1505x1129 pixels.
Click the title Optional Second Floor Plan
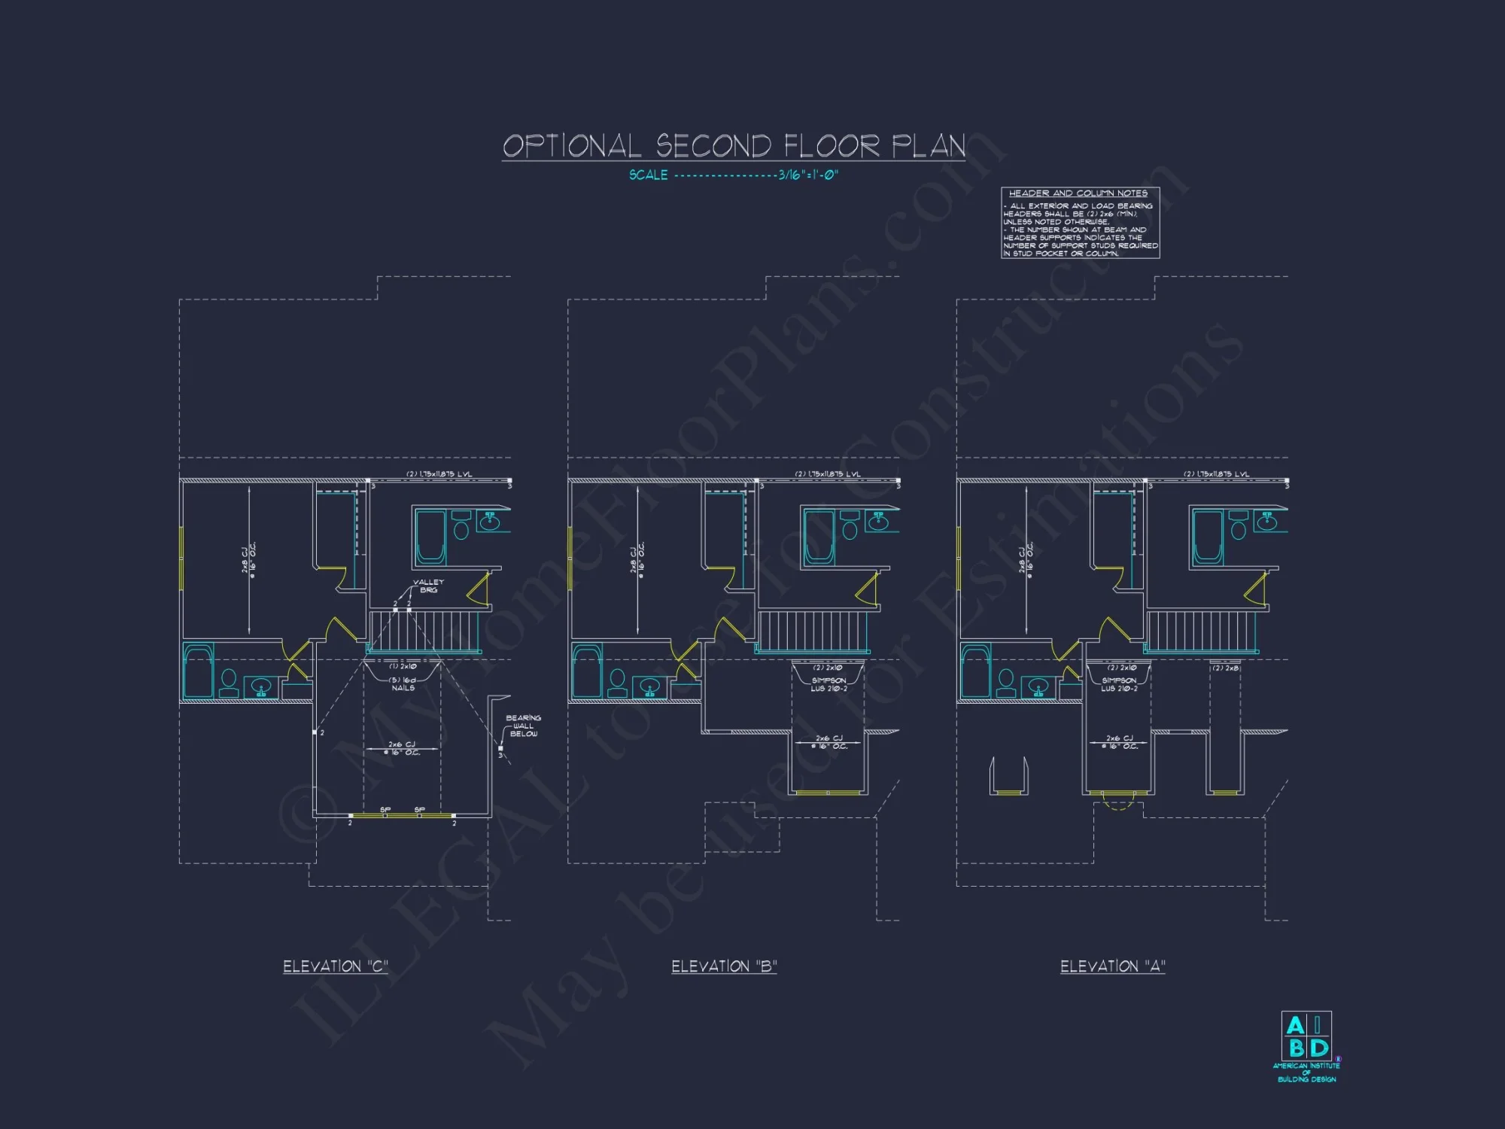click(x=734, y=145)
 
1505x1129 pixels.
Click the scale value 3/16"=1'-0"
click(x=807, y=175)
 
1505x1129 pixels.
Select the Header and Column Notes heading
click(x=1078, y=193)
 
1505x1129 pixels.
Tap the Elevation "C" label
click(x=336, y=966)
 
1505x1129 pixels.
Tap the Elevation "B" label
click(x=724, y=966)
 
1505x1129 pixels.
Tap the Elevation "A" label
click(x=1112, y=966)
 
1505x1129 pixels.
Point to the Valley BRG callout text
click(x=428, y=586)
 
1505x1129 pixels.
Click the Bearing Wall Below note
click(x=523, y=726)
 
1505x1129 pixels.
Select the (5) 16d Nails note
click(x=403, y=683)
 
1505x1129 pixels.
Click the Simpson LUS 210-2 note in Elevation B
click(x=829, y=684)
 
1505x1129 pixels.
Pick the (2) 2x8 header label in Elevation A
click(x=1225, y=668)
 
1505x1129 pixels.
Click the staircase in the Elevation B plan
click(x=813, y=631)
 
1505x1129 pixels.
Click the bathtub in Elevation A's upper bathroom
click(x=1207, y=537)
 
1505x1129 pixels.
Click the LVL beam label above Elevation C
click(x=439, y=474)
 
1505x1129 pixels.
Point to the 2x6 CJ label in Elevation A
click(x=1119, y=742)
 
